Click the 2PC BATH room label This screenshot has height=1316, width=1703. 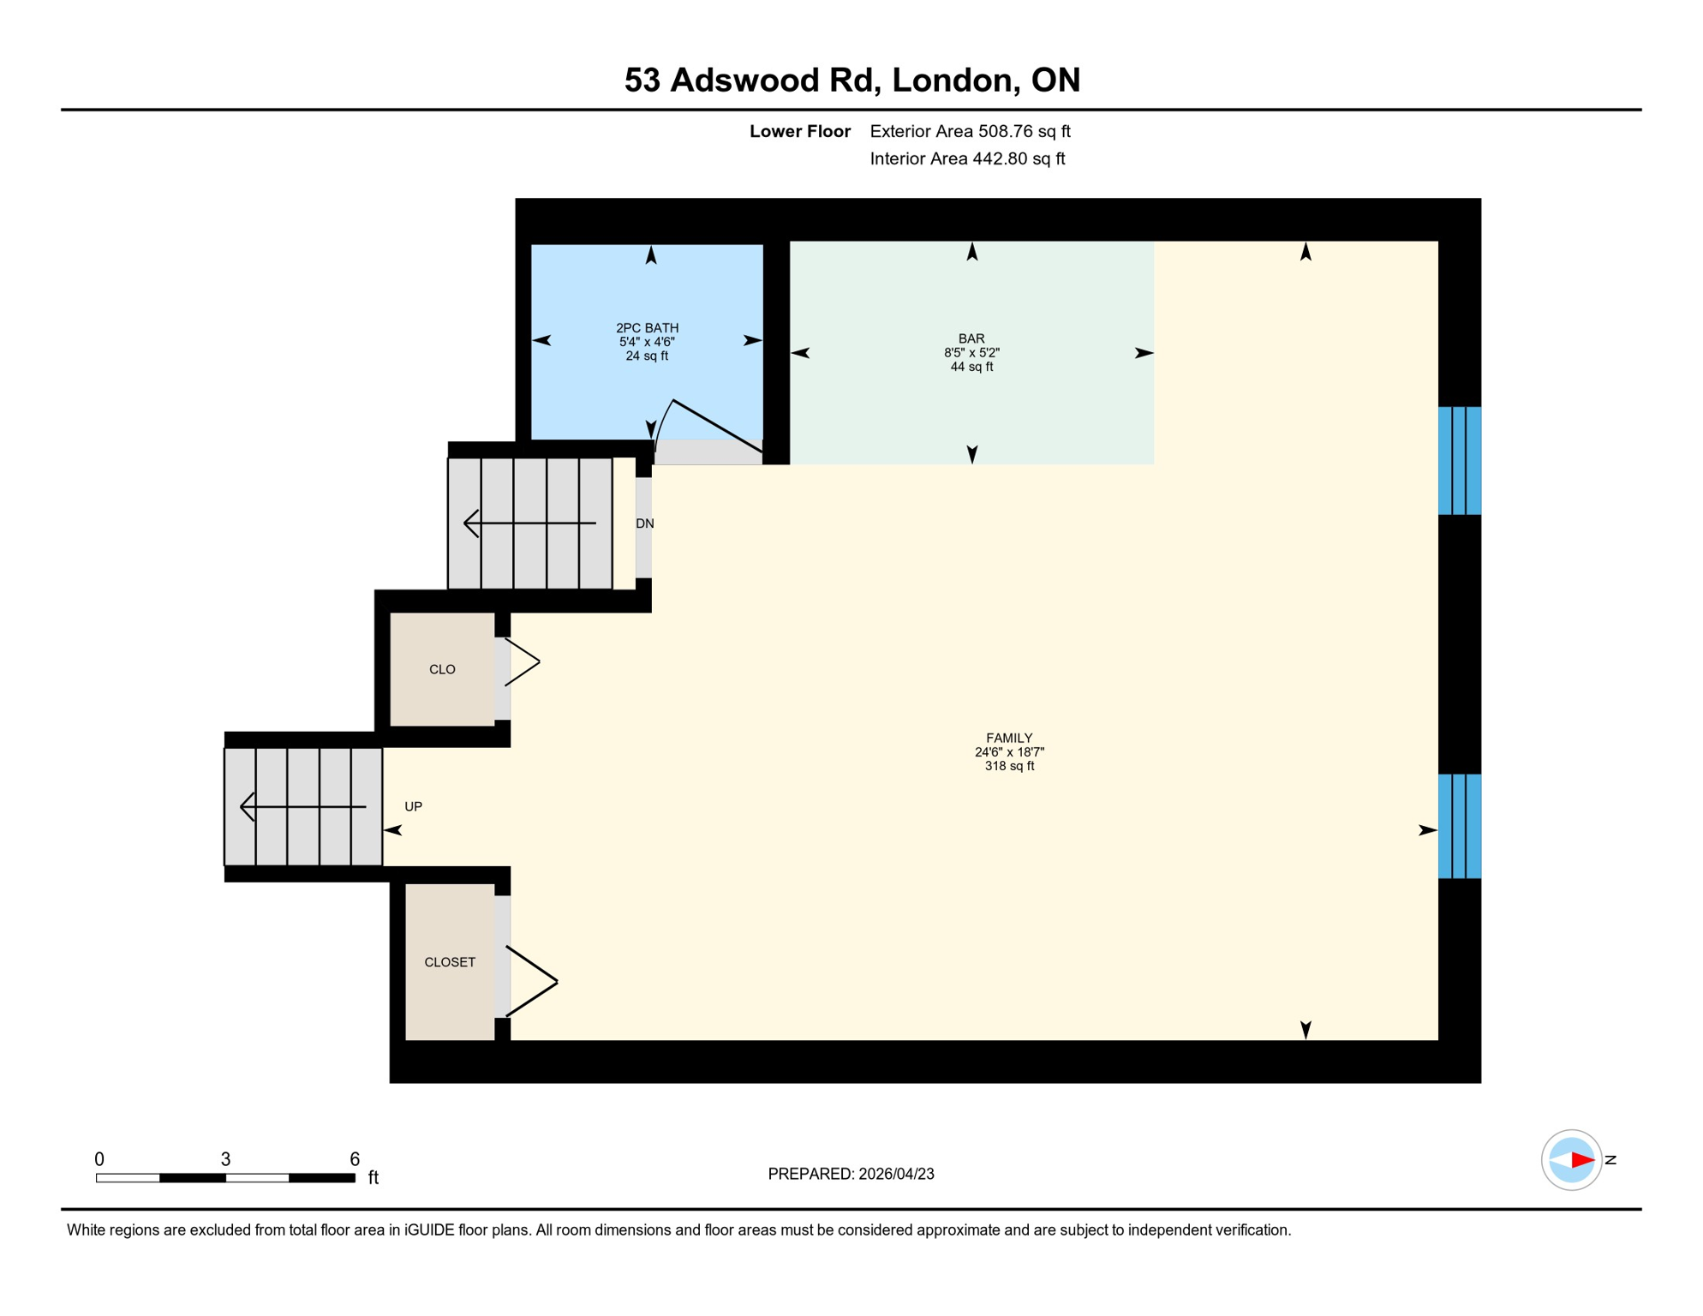click(647, 328)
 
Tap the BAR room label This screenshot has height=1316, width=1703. click(971, 339)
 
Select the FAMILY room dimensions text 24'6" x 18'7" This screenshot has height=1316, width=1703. click(1009, 752)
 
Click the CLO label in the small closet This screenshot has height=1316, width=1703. click(442, 669)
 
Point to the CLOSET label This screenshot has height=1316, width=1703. click(450, 962)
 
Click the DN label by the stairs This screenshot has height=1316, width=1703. click(645, 523)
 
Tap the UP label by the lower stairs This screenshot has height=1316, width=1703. click(413, 806)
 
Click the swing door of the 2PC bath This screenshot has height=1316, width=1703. click(715, 425)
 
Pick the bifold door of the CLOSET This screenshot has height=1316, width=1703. click(531, 981)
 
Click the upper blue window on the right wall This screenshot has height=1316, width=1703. click(1459, 461)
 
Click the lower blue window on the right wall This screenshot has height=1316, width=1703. click(1459, 826)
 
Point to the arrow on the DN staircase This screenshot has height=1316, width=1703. click(529, 523)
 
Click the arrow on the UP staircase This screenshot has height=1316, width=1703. click(303, 806)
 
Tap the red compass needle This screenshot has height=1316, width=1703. click(1581, 1160)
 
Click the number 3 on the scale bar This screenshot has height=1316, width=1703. click(225, 1159)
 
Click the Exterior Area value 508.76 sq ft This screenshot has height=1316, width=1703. click(1024, 131)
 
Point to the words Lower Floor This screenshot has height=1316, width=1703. click(799, 131)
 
